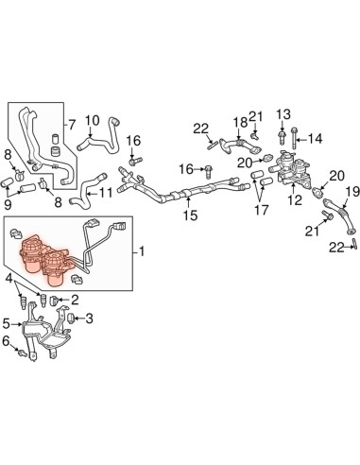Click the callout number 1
point(142,251)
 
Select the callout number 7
point(72,126)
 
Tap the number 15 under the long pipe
point(191,215)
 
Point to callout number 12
point(295,199)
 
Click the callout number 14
point(316,139)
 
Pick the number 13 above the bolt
point(283,114)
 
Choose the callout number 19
point(352,192)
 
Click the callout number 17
point(262,210)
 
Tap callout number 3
point(90,319)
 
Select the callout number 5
point(7,323)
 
